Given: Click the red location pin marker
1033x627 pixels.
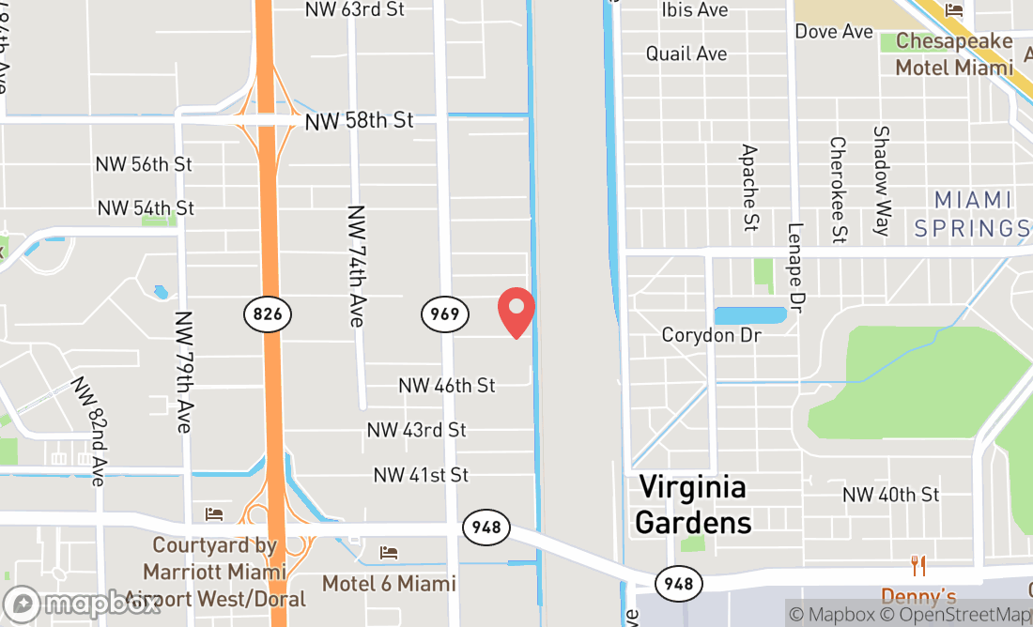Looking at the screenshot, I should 516,312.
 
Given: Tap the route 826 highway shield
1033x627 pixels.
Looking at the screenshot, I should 268,313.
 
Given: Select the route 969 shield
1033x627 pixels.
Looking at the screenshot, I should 444,313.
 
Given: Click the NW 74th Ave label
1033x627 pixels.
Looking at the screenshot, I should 355,267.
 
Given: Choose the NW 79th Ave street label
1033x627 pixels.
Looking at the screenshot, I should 183,372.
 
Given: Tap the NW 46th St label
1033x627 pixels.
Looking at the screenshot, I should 446,385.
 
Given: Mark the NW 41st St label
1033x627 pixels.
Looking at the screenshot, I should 421,475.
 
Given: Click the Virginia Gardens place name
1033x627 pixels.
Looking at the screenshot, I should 693,504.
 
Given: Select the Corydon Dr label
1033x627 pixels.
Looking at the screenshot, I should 711,335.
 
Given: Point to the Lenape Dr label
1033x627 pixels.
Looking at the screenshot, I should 797,268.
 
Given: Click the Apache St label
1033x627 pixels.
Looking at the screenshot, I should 749,188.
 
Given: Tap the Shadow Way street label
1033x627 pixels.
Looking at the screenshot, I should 881,181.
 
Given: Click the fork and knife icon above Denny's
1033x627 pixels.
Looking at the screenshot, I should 918,566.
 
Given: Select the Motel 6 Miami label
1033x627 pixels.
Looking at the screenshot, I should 389,583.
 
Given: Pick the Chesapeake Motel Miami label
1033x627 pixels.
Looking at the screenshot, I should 954,54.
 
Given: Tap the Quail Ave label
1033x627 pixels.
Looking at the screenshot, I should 686,54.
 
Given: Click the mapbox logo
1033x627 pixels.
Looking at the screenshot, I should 82,603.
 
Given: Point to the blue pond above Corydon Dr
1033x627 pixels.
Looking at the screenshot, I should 749,315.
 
